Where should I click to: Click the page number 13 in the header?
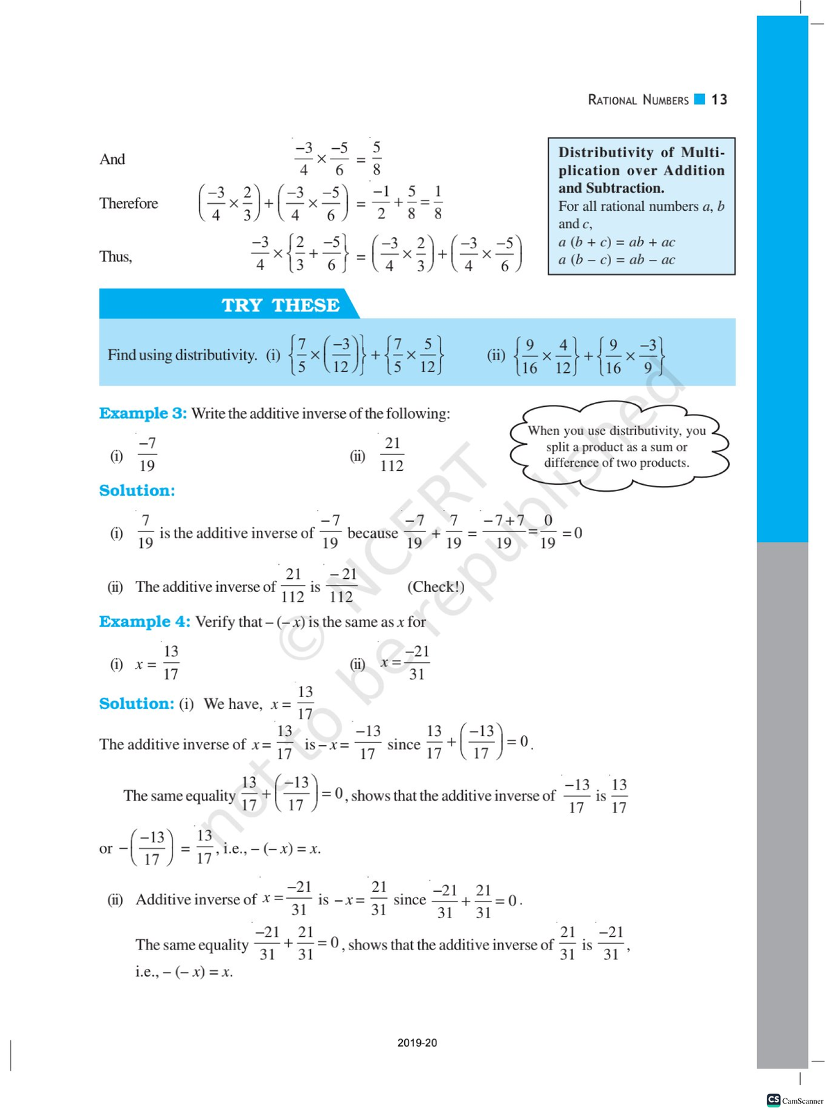[x=719, y=99]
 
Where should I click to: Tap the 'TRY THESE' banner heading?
[x=280, y=305]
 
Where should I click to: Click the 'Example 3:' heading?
[x=143, y=413]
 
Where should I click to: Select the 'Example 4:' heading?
[x=144, y=621]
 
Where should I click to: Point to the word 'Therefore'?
[x=129, y=203]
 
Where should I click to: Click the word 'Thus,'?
[x=116, y=257]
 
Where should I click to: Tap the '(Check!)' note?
[x=436, y=586]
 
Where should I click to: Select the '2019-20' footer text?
[x=417, y=1043]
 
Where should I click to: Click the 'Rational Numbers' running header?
[x=638, y=100]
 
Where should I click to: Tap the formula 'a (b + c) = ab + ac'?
[x=617, y=242]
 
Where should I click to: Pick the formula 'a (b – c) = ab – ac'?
[x=617, y=260]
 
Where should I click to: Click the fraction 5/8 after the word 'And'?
[x=376, y=159]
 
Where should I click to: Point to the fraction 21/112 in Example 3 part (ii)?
[x=392, y=454]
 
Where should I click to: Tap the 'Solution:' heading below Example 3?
[x=137, y=490]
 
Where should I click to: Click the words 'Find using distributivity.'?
[x=182, y=355]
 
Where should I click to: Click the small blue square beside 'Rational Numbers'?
[x=700, y=99]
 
